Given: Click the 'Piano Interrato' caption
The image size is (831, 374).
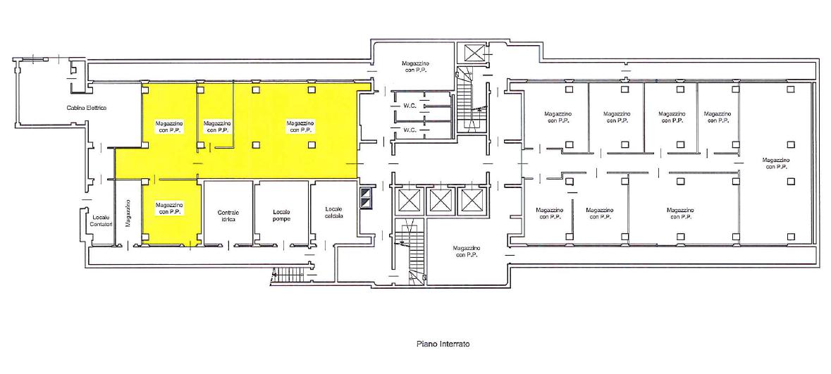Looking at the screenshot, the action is point(443,344).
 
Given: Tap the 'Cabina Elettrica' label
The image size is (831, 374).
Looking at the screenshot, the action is point(87,108).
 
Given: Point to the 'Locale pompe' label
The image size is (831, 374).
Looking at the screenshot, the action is point(281,216).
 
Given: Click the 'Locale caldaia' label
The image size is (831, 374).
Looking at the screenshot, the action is point(335,213).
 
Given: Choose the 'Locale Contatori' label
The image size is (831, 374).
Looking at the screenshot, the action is point(101,221).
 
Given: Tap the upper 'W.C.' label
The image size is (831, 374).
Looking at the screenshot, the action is point(409,105).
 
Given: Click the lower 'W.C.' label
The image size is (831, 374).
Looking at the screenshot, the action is point(409,130).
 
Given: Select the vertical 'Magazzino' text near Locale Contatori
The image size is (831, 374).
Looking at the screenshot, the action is point(128,213).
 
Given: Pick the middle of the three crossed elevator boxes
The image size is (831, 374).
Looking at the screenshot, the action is point(439,201).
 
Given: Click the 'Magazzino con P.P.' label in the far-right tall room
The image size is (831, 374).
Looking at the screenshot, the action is point(776,163).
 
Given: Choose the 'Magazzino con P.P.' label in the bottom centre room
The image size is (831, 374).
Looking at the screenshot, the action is point(467,251).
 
